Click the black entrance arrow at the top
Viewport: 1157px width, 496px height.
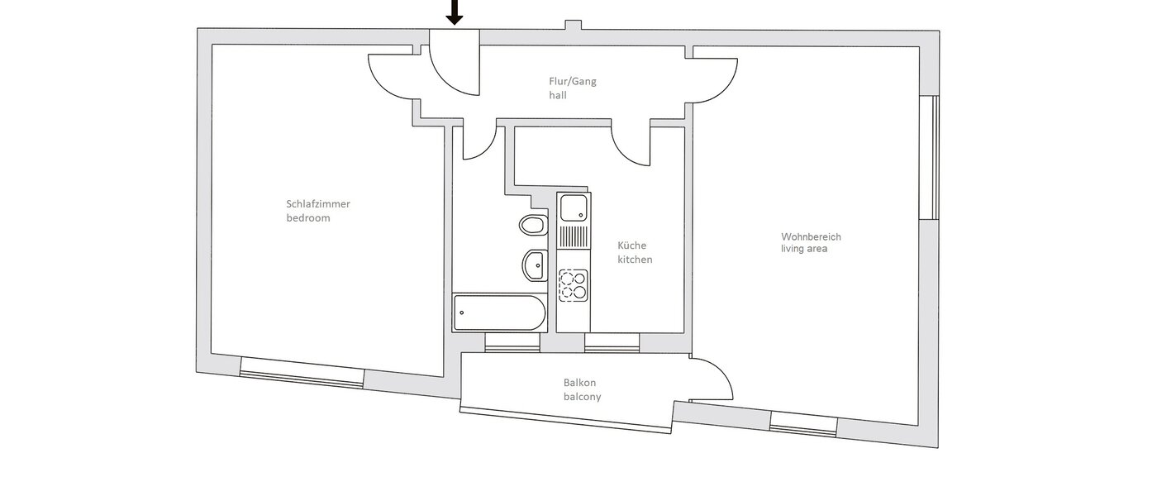point(454,12)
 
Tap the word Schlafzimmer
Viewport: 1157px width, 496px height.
point(312,204)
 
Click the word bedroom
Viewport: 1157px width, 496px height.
point(307,218)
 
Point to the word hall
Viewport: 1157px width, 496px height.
point(558,96)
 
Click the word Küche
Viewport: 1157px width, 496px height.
point(632,246)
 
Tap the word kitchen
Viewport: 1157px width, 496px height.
point(636,260)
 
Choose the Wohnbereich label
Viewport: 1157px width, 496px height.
point(811,236)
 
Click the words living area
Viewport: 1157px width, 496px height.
point(804,249)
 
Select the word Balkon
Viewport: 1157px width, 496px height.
point(579,383)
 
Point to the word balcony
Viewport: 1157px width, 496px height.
point(582,397)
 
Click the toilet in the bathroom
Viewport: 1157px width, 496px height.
point(533,224)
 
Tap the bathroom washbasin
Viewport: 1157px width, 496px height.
point(535,265)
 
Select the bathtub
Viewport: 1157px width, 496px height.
point(499,313)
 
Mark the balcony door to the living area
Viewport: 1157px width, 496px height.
point(711,379)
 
